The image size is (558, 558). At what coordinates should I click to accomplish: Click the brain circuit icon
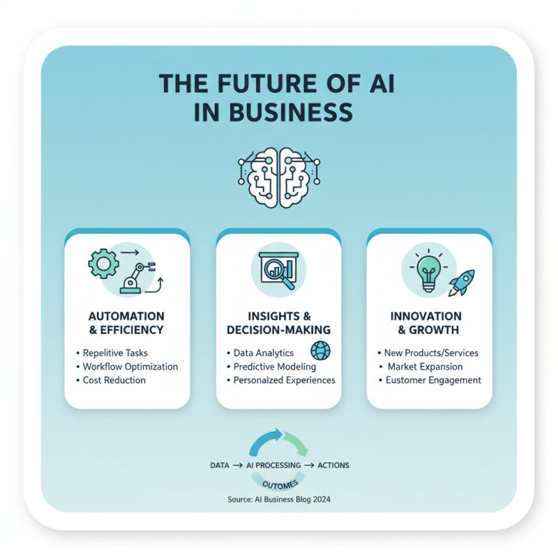click(x=279, y=177)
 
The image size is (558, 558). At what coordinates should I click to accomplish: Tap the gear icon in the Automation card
click(x=103, y=264)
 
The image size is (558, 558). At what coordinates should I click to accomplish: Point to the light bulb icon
click(x=429, y=273)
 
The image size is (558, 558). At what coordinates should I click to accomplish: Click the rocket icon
click(x=462, y=283)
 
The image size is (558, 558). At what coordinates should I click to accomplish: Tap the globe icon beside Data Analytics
click(x=320, y=351)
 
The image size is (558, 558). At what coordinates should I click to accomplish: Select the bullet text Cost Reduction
click(x=114, y=380)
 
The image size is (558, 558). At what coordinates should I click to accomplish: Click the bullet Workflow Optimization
click(x=130, y=367)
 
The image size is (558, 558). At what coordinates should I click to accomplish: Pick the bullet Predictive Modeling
click(x=275, y=367)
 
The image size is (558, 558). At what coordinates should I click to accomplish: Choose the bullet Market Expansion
click(x=425, y=367)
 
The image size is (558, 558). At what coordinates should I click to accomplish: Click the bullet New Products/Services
click(x=431, y=353)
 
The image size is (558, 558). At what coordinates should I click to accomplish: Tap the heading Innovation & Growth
click(x=426, y=323)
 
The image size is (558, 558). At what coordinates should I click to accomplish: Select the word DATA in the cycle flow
click(x=220, y=465)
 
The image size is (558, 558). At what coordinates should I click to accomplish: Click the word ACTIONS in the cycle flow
click(x=333, y=465)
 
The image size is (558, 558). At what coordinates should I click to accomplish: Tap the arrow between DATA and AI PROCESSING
click(x=238, y=465)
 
